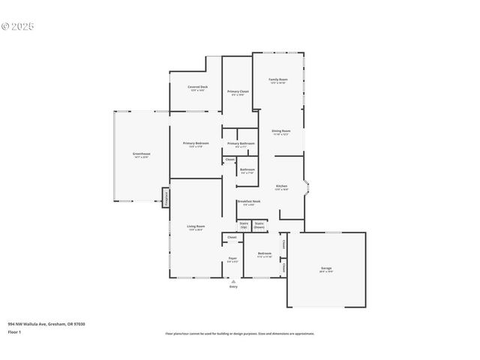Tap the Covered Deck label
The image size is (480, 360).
pos(199,87)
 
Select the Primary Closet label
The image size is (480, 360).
pos(238,91)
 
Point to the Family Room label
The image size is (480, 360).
pos(279,79)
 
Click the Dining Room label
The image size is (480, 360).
pos(281,130)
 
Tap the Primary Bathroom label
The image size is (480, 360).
pos(241,142)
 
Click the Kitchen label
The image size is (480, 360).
pos(281,186)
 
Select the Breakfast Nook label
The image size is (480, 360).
pos(248,201)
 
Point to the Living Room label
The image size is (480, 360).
pos(196,226)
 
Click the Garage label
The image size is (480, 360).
pos(326,268)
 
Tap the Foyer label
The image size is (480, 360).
pos(232,259)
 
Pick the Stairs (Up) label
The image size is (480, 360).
pos(244,224)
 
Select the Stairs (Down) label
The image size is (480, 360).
pos(259,224)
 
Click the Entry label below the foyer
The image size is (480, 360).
pos(233,286)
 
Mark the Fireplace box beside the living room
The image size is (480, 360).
pos(165,197)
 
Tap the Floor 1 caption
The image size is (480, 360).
pos(14,331)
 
